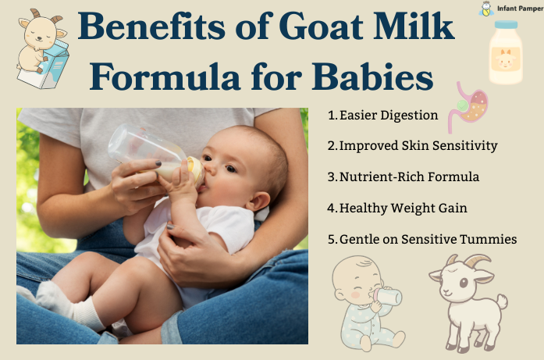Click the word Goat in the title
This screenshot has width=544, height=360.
pyautogui.click(x=322, y=27)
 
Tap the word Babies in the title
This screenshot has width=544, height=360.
pyautogui.click(x=372, y=77)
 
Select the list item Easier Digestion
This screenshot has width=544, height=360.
pyautogui.click(x=383, y=116)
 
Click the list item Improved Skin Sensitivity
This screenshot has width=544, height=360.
pyautogui.click(x=413, y=146)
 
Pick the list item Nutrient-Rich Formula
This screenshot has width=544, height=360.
pyautogui.click(x=404, y=176)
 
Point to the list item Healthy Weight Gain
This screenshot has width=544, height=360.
pyautogui.click(x=397, y=208)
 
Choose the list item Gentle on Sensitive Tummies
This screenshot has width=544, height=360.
pyautogui.click(x=422, y=239)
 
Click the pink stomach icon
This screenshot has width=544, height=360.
pyautogui.click(x=468, y=107)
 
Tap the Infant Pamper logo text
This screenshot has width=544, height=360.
pyautogui.click(x=520, y=9)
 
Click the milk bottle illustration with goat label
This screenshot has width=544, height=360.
pyautogui.click(x=506, y=52)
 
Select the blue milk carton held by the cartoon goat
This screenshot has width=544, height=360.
pyautogui.click(x=45, y=66)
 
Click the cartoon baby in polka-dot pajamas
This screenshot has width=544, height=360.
pyautogui.click(x=366, y=303)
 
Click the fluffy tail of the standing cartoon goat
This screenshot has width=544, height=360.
pyautogui.click(x=500, y=301)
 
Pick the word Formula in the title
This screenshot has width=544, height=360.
pyautogui.click(x=165, y=77)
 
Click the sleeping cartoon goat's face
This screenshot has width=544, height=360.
pyautogui.click(x=41, y=32)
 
